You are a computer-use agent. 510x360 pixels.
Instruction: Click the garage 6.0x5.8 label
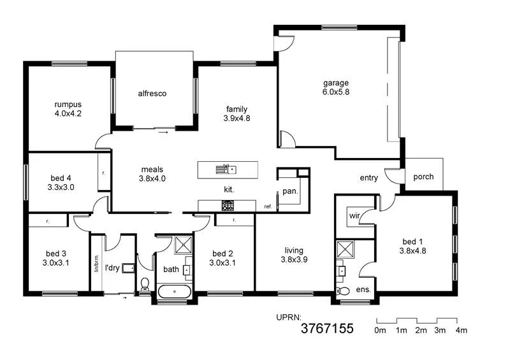(x=335, y=87)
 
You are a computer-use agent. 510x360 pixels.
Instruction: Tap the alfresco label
(x=152, y=94)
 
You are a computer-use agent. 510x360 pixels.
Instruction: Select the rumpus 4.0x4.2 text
(x=68, y=109)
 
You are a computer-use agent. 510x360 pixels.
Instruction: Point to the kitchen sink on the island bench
(x=226, y=169)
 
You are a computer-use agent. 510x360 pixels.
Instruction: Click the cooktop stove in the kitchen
(x=228, y=205)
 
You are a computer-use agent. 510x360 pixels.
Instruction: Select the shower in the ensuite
(x=346, y=249)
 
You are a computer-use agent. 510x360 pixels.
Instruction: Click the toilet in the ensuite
(x=343, y=291)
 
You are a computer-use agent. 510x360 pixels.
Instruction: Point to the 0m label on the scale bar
(x=380, y=331)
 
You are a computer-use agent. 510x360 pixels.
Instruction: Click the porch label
(x=424, y=177)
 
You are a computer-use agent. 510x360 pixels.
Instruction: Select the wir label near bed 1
(x=354, y=216)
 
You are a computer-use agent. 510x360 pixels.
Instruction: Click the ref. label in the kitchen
(x=268, y=206)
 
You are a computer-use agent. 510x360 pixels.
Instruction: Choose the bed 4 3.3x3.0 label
(x=62, y=183)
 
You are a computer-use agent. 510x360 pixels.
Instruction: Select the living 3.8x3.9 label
(x=294, y=255)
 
